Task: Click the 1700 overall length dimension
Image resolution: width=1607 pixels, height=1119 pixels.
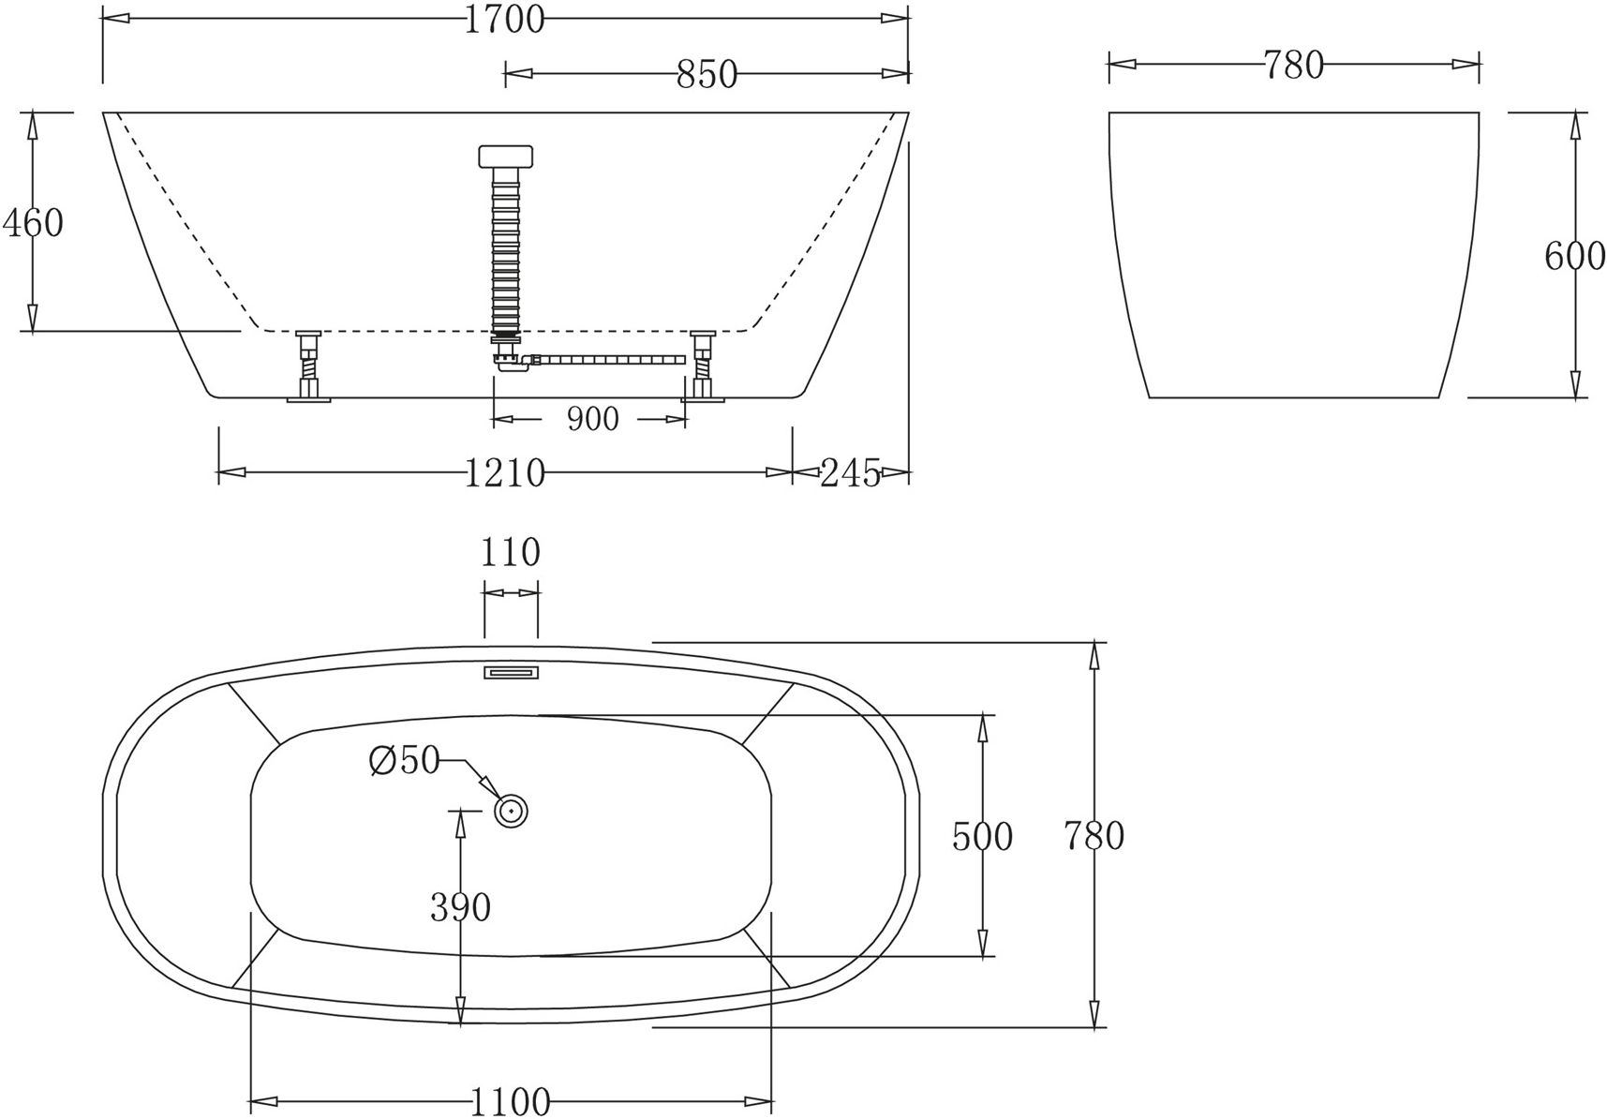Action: (x=504, y=19)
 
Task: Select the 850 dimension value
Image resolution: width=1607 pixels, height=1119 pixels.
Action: (x=707, y=74)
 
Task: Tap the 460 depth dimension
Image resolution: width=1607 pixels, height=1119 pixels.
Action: (x=33, y=223)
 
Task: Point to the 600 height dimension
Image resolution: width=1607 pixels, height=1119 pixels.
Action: (x=1574, y=255)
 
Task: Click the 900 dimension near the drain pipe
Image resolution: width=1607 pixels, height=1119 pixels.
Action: (x=592, y=419)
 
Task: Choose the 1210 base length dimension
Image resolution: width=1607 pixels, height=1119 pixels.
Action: (x=504, y=473)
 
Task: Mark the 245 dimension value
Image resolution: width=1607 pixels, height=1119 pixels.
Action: (x=850, y=473)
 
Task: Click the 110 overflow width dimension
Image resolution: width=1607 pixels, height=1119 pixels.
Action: (x=511, y=553)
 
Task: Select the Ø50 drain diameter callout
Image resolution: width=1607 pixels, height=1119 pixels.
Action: (x=404, y=761)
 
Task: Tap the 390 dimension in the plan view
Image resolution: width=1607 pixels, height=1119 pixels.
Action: (x=460, y=907)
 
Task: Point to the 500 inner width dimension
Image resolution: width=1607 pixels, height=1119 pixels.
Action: (x=982, y=836)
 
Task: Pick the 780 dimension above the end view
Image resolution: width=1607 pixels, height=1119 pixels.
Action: (x=1293, y=66)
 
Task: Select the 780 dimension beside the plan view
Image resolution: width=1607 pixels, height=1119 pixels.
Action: (x=1094, y=835)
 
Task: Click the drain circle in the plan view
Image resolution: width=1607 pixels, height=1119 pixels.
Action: (x=512, y=811)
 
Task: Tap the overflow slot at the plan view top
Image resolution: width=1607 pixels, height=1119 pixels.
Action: (x=512, y=672)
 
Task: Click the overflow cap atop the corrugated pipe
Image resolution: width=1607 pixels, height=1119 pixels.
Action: (x=505, y=156)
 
